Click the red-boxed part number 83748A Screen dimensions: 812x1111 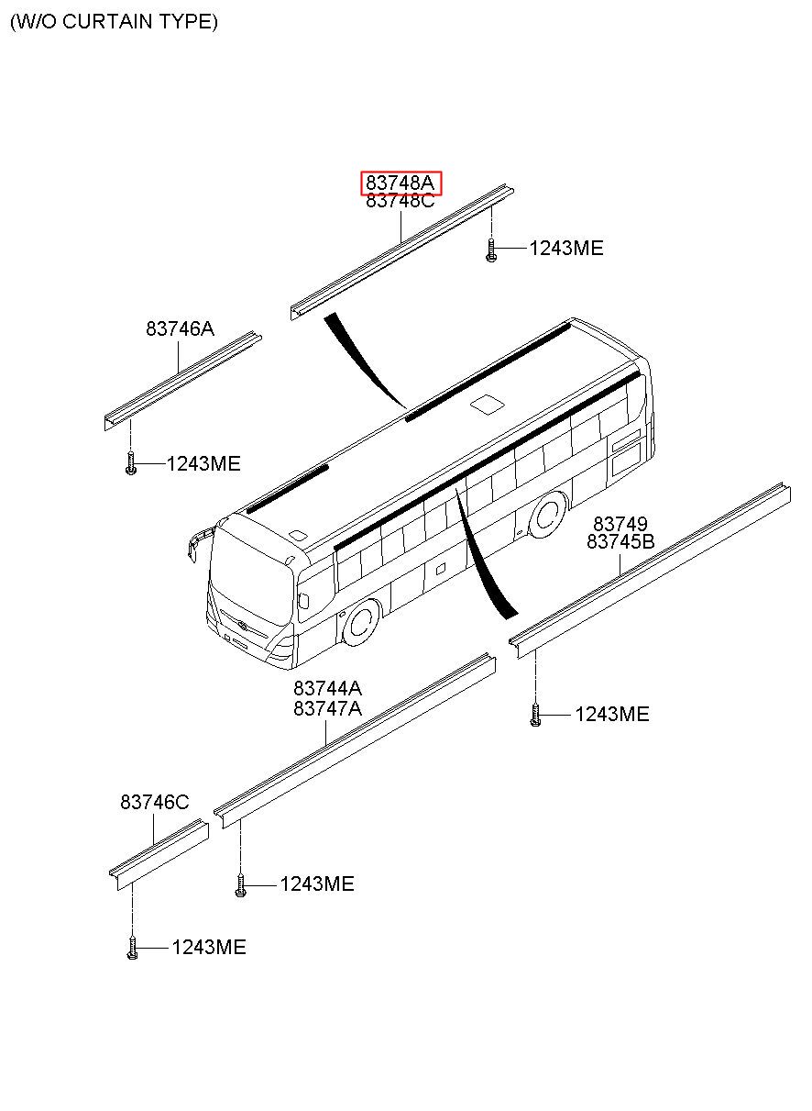click(x=400, y=183)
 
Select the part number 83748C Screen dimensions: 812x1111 click(x=400, y=201)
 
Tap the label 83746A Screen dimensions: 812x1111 click(x=180, y=328)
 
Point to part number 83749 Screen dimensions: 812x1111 click(x=620, y=524)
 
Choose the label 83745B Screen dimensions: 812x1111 click(x=620, y=541)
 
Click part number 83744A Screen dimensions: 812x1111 click(x=327, y=688)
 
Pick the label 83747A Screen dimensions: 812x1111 click(x=327, y=708)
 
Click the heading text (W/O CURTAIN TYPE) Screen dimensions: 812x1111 click(x=114, y=22)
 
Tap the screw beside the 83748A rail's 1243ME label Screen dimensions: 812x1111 click(x=491, y=250)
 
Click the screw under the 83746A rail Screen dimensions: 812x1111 click(x=131, y=462)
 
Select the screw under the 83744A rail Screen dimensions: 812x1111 click(x=240, y=885)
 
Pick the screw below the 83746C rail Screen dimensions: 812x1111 click(x=132, y=948)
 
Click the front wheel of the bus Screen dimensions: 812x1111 click(x=362, y=622)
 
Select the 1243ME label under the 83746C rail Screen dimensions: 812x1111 click(x=209, y=948)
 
